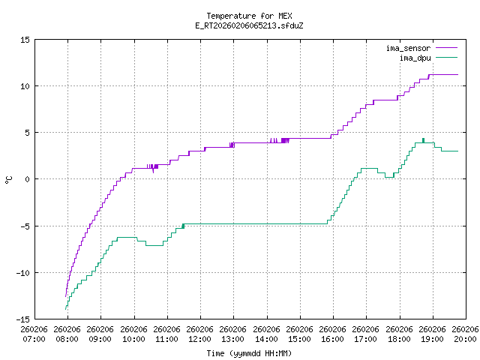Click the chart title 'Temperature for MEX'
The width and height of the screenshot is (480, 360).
coord(249,16)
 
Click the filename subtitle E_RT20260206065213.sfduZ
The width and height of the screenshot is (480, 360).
coord(249,25)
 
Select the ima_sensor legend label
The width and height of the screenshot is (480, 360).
coord(408,49)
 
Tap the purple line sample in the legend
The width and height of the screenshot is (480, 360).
coord(445,49)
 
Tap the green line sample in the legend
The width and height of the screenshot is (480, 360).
coord(445,58)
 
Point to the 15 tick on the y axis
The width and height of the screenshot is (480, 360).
coord(25,40)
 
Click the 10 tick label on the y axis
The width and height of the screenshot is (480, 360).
coord(25,86)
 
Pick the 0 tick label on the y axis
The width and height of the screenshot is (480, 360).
coord(27,179)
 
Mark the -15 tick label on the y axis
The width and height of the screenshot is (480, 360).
coord(22,319)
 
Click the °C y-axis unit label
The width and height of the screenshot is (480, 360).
coord(9,179)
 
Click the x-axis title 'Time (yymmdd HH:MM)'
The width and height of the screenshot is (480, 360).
coord(249,353)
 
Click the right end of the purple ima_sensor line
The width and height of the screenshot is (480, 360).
coord(457,74)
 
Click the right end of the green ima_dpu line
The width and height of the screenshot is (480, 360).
coord(457,151)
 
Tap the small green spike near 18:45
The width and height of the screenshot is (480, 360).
coord(423,139)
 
